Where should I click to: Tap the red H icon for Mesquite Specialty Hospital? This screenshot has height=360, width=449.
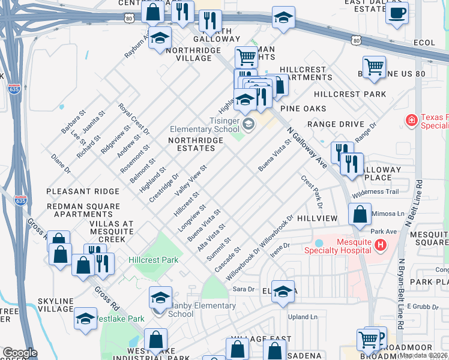(379, 245)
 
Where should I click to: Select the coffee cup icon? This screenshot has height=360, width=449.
(397, 13)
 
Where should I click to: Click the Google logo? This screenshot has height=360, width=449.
(20, 353)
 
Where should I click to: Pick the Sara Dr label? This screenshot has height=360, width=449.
(240, 289)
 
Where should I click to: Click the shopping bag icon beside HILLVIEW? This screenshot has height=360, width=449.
(359, 214)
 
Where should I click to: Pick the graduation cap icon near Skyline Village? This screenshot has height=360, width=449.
(85, 318)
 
